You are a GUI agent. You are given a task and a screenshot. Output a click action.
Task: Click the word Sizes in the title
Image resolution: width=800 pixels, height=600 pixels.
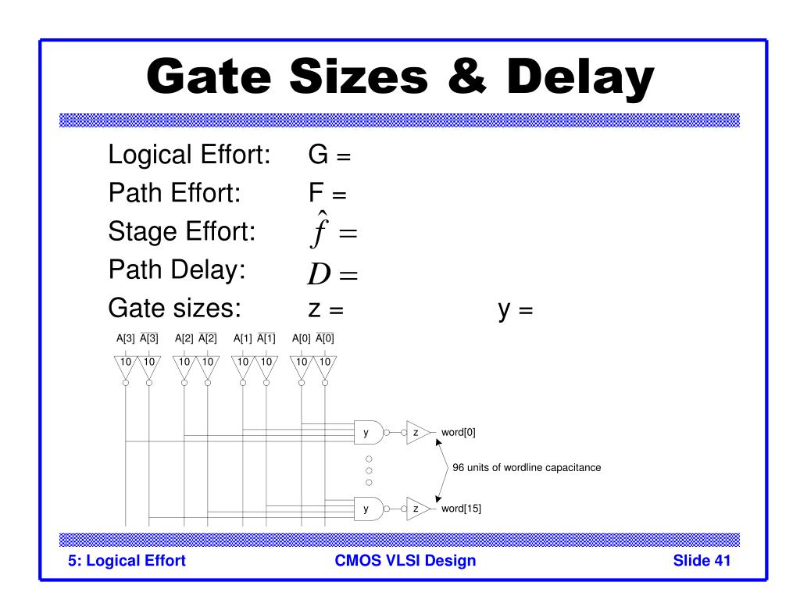coord(356,78)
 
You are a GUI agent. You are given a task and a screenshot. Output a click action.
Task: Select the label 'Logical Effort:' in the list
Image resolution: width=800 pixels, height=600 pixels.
coord(189,155)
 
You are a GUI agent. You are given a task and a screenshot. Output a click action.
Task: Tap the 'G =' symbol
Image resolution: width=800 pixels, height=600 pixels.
coord(329,156)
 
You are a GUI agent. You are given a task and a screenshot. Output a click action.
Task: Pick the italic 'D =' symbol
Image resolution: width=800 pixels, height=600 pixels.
coord(331,273)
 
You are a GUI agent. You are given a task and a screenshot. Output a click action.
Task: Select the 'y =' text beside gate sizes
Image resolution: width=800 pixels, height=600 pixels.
coord(515,310)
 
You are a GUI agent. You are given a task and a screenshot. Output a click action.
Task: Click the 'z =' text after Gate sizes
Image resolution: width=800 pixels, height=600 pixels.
coord(326,310)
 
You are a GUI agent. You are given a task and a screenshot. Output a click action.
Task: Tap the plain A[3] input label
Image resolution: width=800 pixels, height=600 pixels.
coord(125,338)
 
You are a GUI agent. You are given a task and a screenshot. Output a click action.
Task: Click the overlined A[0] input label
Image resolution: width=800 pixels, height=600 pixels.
coord(324,338)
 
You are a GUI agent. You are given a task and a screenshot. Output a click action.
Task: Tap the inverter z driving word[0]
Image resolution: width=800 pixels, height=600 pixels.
coord(417,432)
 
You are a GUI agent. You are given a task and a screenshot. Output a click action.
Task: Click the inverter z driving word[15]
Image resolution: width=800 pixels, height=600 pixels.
coord(417,509)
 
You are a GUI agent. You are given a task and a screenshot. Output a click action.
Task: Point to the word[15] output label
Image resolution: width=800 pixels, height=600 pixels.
coord(461,509)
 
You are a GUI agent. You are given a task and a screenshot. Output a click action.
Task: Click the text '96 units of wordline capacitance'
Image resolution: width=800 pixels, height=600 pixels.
coord(527,468)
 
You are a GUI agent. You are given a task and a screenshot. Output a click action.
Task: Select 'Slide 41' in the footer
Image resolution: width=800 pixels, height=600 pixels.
coord(701,560)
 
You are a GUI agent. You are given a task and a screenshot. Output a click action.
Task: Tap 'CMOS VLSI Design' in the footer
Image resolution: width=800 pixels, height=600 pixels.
coord(405,560)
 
